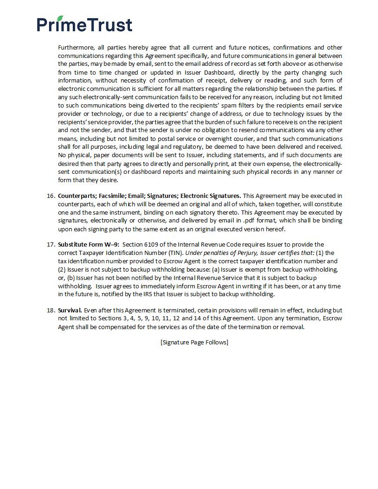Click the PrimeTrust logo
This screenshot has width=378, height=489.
point(85,24)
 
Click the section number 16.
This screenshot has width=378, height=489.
point(51,196)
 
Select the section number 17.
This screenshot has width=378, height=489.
point(51,244)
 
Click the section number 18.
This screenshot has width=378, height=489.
point(51,310)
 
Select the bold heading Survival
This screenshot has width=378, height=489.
point(70,310)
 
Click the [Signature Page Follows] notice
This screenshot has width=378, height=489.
point(194,342)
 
